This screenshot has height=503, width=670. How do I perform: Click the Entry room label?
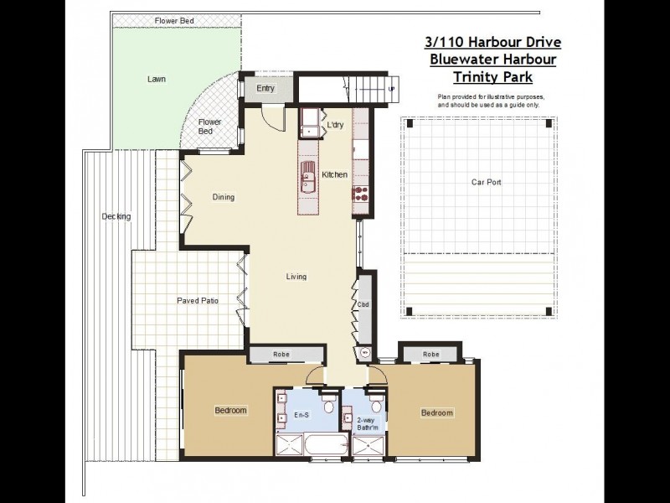tap(265, 88)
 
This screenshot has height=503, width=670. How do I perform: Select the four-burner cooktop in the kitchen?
tap(362, 194)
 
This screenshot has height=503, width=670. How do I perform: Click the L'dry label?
tap(335, 126)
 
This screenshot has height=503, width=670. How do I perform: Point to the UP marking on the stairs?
tap(391, 88)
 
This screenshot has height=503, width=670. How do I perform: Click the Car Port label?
tap(486, 182)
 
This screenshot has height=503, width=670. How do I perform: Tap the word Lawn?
tap(157, 80)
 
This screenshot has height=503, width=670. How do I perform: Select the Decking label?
tap(116, 216)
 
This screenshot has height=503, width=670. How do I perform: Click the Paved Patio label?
tap(198, 300)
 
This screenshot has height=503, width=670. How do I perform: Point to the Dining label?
tap(224, 198)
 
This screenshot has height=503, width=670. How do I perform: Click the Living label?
tap(296, 277)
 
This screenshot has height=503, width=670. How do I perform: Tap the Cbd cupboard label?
tap(363, 304)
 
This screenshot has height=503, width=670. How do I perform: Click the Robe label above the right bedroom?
tap(430, 355)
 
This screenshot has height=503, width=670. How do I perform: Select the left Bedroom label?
tap(230, 410)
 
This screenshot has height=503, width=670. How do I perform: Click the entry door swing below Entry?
tap(270, 117)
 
